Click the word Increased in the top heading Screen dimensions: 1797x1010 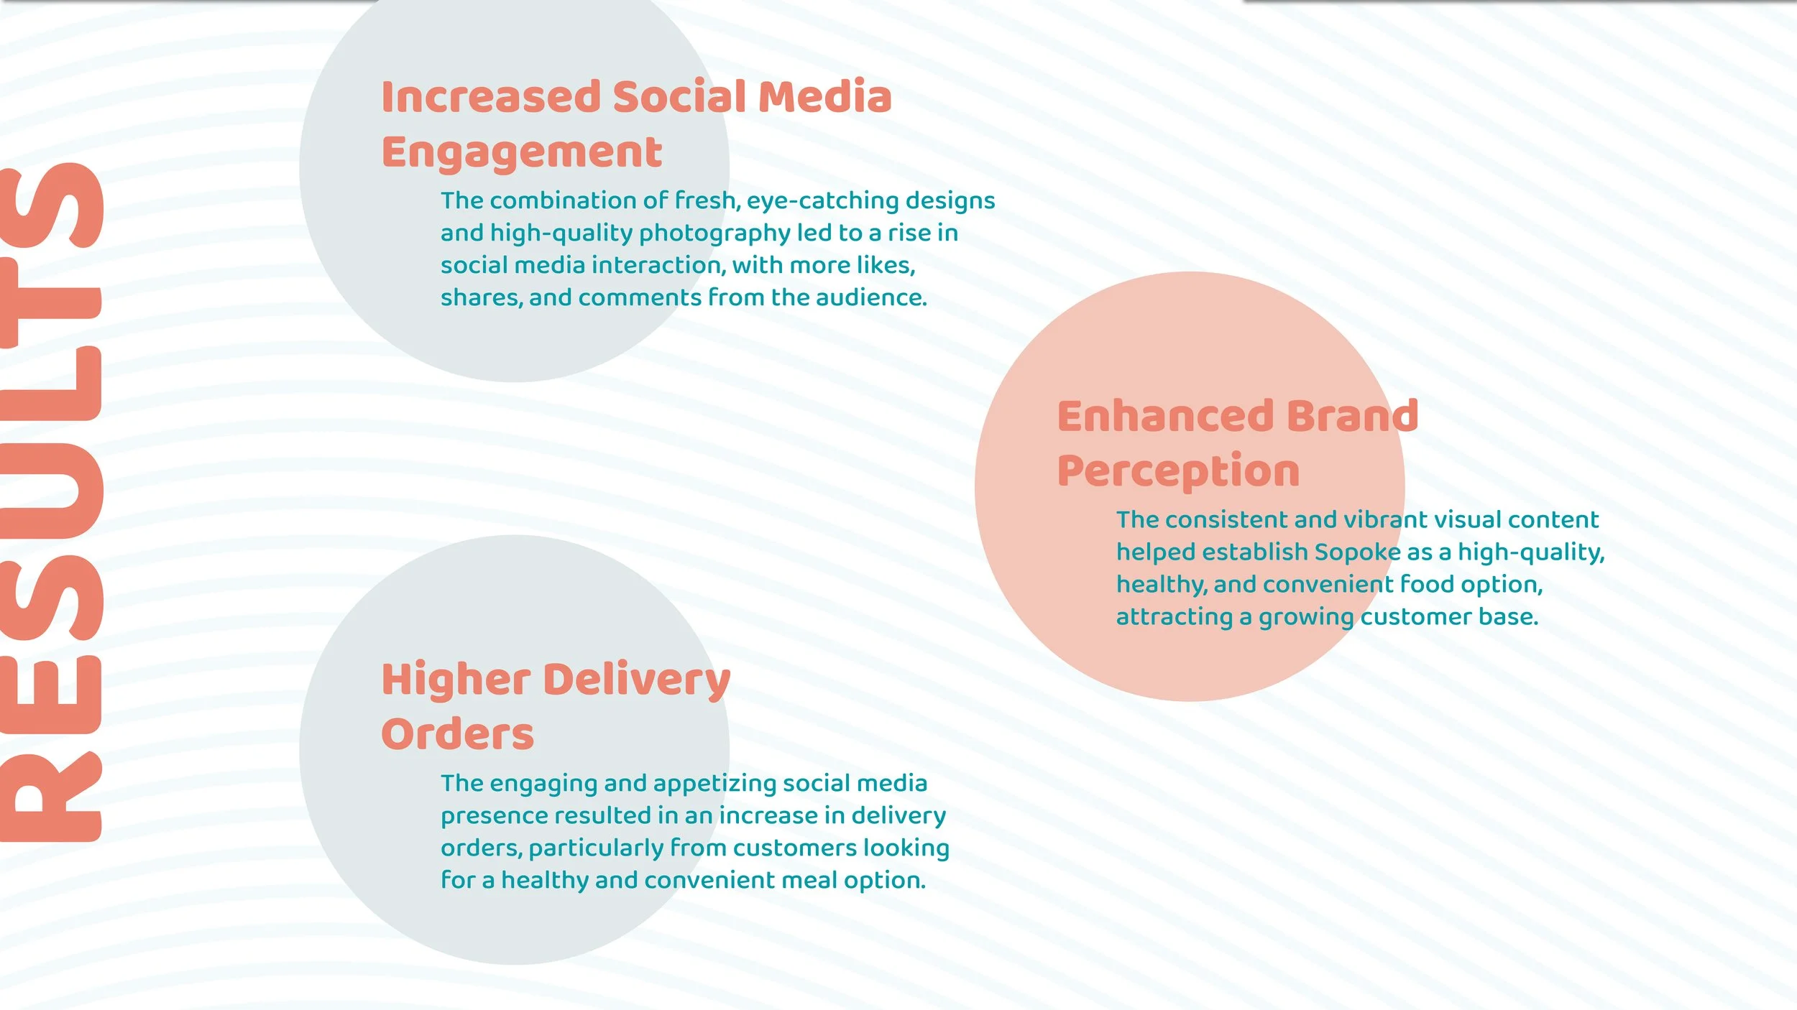click(490, 97)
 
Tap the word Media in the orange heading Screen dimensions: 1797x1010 click(824, 97)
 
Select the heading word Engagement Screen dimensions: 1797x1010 click(521, 153)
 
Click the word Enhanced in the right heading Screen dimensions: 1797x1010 click(1164, 417)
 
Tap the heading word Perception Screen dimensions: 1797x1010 click(1178, 473)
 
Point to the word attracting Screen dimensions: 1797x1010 click(1175, 617)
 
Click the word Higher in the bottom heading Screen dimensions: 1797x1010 click(456, 680)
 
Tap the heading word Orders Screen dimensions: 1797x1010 click(457, 735)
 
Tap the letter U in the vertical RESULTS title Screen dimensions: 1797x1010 click(50, 492)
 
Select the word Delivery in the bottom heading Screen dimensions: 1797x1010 click(637, 680)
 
